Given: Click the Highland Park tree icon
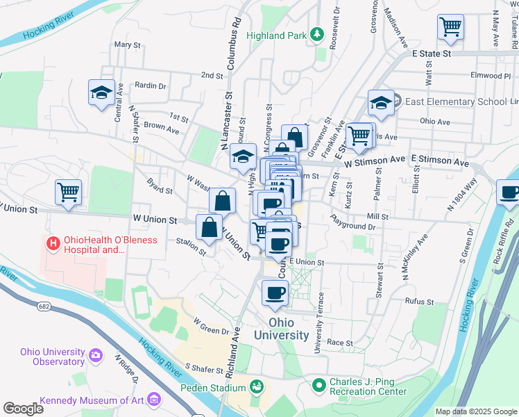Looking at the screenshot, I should click(316, 34).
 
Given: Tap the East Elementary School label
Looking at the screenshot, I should click(454, 101).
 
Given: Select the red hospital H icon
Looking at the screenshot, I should click(52, 244).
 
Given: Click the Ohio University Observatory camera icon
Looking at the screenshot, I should click(96, 357).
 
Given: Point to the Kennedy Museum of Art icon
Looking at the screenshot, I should click(154, 400).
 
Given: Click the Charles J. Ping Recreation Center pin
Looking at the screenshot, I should click(318, 384).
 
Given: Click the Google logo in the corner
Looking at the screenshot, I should click(24, 408).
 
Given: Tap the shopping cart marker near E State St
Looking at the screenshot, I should click(450, 28).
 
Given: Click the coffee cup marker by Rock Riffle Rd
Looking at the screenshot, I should click(509, 193).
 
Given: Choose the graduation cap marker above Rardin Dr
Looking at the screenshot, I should click(101, 92).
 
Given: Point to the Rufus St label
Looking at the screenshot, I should click(420, 302).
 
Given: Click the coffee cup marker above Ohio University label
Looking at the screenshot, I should click(274, 293).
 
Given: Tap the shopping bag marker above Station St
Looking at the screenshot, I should click(210, 227).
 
